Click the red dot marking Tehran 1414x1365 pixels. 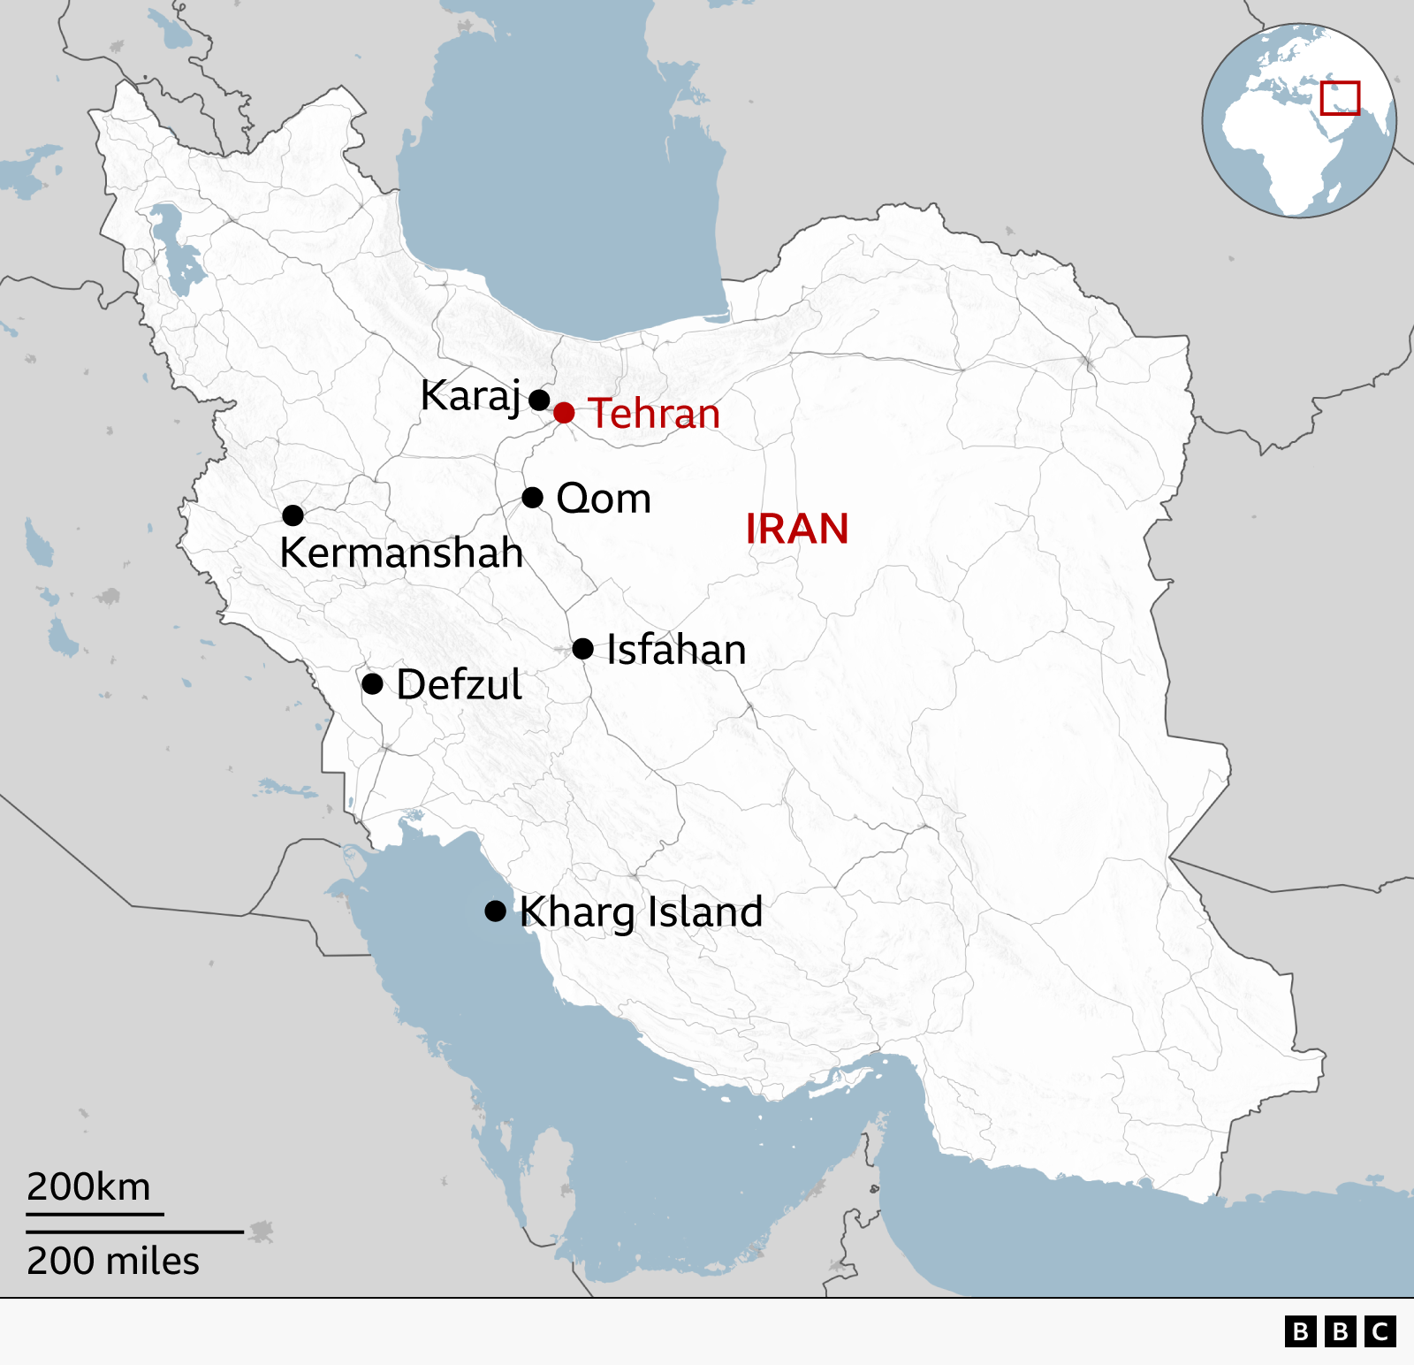564,413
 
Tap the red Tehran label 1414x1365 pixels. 654,414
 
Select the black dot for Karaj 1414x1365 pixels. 539,400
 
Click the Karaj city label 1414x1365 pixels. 470,396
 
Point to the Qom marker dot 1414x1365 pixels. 532,498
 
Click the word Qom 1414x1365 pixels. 604,499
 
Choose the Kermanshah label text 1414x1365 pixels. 401,553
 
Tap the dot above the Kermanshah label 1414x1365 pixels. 293,515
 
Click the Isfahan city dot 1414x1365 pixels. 582,649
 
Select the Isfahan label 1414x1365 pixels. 676,650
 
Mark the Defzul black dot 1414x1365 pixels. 373,683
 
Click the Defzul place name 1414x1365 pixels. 459,685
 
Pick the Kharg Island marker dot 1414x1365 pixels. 496,911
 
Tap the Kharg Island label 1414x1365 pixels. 641,912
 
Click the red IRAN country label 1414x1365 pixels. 796,530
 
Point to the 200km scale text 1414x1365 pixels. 88,1186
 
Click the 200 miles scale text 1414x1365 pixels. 113,1261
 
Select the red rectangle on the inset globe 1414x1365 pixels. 1340,98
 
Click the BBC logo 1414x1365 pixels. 1340,1331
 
